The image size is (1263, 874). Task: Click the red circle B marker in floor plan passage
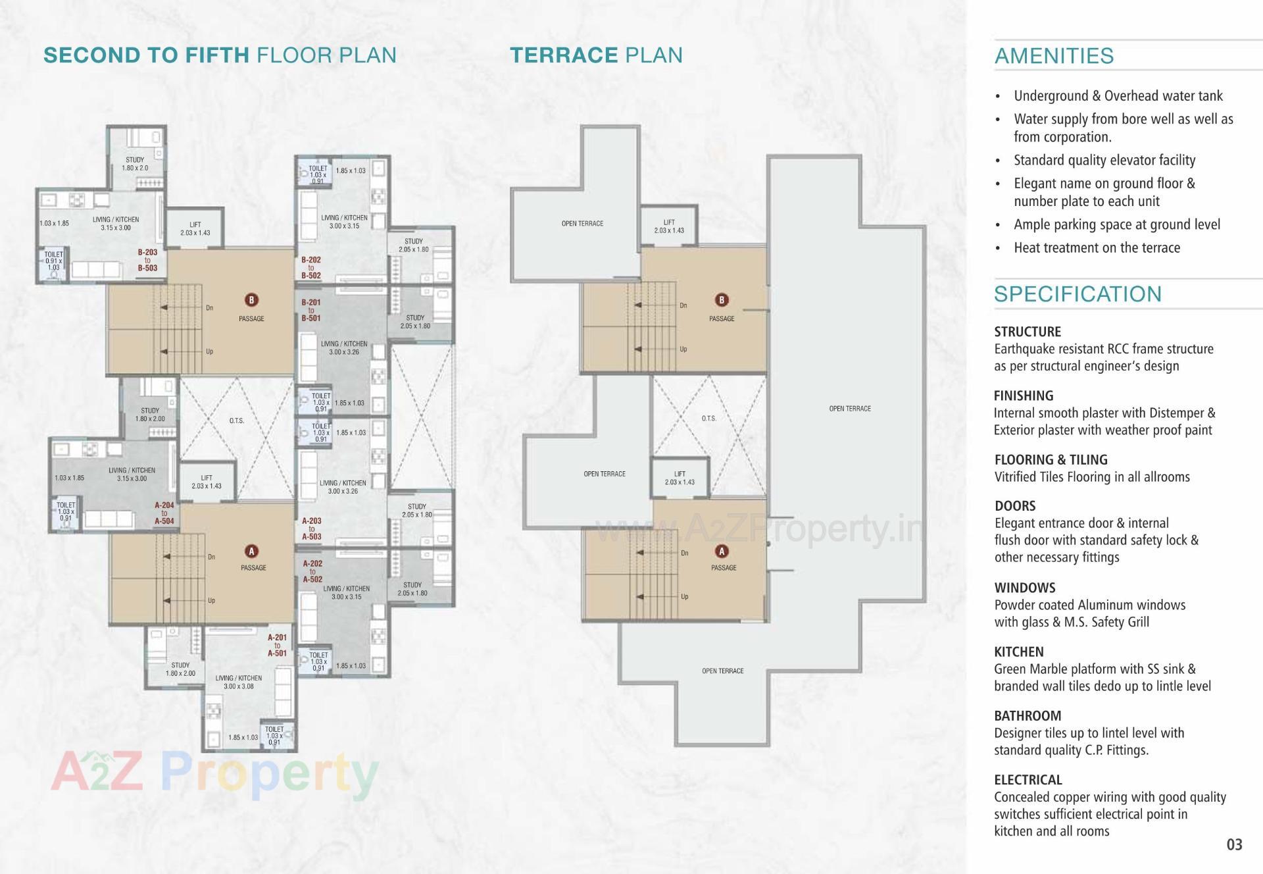(251, 300)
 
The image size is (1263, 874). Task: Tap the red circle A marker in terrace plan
(722, 552)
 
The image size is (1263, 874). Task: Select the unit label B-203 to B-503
(147, 260)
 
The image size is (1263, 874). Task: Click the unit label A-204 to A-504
(164, 513)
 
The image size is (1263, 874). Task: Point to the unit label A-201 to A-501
(277, 646)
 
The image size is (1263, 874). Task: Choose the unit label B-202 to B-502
(311, 268)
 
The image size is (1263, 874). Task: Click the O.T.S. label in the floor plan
(237, 421)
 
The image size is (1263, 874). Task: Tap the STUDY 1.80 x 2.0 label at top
(135, 164)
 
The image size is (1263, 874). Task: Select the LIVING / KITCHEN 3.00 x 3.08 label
(238, 682)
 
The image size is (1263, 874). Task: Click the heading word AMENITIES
(1054, 56)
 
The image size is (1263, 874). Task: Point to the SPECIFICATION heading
(1077, 294)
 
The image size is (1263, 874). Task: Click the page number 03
(1234, 844)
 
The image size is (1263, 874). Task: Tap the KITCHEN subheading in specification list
(1018, 652)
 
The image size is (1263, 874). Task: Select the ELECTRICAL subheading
(1028, 780)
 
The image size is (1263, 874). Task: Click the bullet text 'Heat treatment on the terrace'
(1097, 248)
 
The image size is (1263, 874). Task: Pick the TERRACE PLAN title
(596, 55)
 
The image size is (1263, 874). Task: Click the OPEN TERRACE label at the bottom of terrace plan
(722, 671)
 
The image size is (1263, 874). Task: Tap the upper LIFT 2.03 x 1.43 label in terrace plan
(669, 226)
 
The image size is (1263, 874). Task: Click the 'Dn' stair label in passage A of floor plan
(211, 557)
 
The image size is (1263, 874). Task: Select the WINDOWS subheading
(1024, 588)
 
